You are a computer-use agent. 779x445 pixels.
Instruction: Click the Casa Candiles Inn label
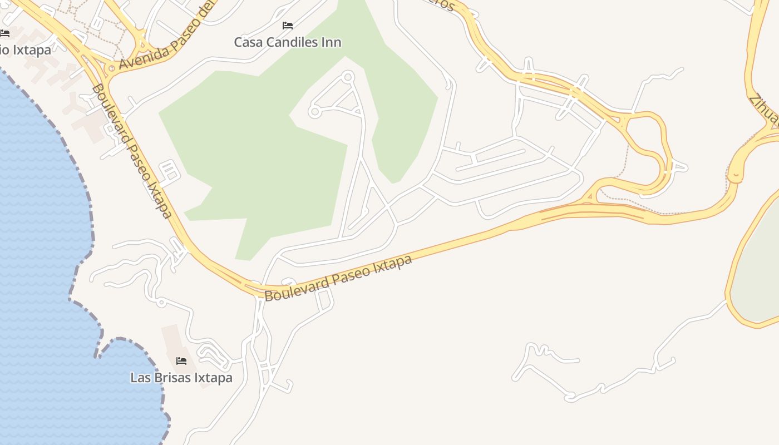(x=287, y=42)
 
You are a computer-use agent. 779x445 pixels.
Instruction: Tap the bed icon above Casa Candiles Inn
(x=287, y=26)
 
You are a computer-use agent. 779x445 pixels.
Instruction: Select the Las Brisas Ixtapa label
(x=181, y=378)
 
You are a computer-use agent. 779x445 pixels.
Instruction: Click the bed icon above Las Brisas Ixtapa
(x=181, y=360)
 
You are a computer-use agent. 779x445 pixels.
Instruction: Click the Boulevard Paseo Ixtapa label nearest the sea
(x=131, y=151)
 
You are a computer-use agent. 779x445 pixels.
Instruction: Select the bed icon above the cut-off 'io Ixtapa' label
(x=4, y=33)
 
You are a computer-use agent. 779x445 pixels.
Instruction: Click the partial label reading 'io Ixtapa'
(x=25, y=50)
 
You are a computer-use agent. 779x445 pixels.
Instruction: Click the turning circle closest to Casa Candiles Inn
(x=348, y=77)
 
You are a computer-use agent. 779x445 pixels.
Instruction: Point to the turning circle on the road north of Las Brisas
(x=161, y=303)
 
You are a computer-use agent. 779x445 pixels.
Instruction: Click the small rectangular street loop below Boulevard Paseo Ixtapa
(x=324, y=299)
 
